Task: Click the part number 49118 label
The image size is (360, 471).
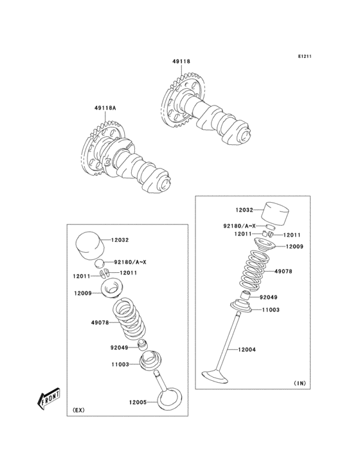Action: coord(181,62)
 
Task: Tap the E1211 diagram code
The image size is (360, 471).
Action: coord(304,57)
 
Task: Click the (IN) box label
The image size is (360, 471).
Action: coord(300,383)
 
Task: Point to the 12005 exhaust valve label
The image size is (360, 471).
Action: coord(138,402)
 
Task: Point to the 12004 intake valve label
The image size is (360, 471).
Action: coord(248,349)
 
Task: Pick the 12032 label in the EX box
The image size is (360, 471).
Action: coord(120,240)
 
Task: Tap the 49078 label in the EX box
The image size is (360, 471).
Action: coord(100,322)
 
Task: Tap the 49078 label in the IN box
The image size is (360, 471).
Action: coord(283,272)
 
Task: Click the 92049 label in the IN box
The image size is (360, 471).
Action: coord(269,297)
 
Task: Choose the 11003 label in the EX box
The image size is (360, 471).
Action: coord(120,364)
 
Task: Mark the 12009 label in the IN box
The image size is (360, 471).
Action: coord(294,246)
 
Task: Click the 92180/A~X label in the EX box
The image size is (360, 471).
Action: coord(130,262)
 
